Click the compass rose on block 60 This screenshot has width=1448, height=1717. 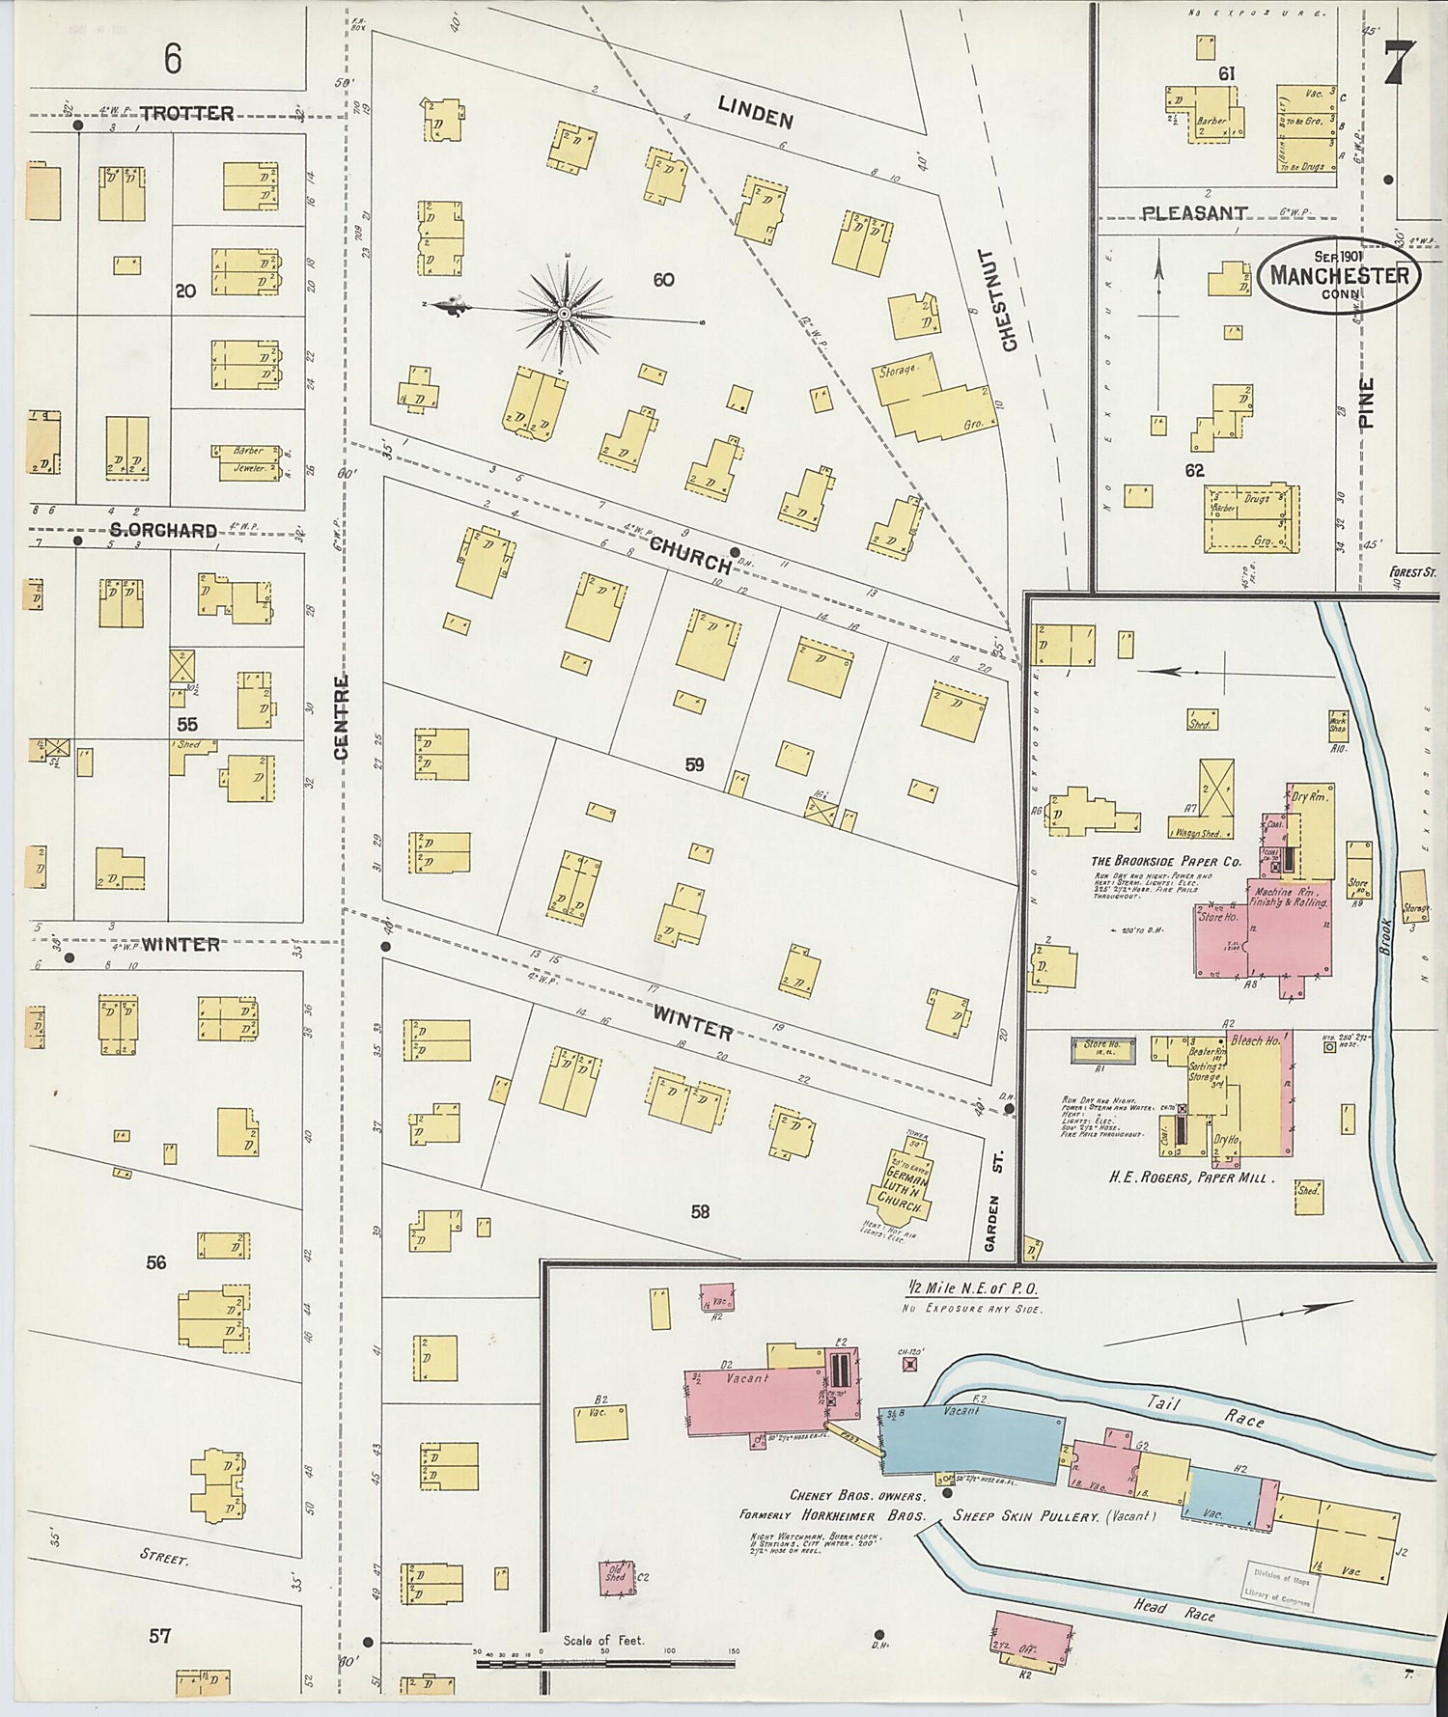pyautogui.click(x=564, y=315)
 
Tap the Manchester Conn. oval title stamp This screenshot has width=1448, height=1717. pyautogui.click(x=1339, y=276)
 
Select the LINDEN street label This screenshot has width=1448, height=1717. pyautogui.click(x=756, y=113)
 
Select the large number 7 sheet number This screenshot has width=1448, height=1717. pyautogui.click(x=1393, y=65)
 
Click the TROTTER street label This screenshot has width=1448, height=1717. pyautogui.click(x=186, y=113)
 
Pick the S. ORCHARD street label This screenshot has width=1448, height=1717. pyautogui.click(x=162, y=530)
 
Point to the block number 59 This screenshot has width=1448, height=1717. pyautogui.click(x=694, y=765)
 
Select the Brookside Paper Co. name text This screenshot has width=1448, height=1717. pyautogui.click(x=1165, y=862)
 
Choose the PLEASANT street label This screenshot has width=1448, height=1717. pyautogui.click(x=1194, y=213)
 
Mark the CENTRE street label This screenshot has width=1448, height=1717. pyautogui.click(x=341, y=717)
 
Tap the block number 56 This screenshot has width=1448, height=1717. pyautogui.click(x=156, y=1262)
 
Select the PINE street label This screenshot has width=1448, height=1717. pyautogui.click(x=1366, y=402)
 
